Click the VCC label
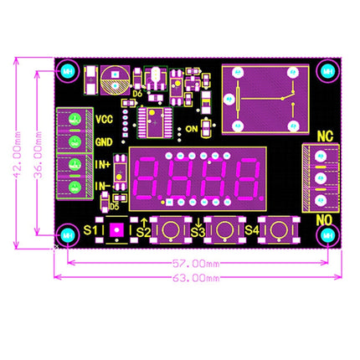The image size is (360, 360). pyautogui.click(x=104, y=119)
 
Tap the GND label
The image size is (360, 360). pyautogui.click(x=104, y=141)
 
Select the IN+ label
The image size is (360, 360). pyautogui.click(x=103, y=163)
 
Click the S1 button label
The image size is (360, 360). pyautogui.click(x=93, y=229)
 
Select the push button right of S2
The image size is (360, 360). pyautogui.click(x=171, y=229)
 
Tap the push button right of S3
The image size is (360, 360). pyautogui.click(x=224, y=229)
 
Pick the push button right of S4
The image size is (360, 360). pyautogui.click(x=276, y=229)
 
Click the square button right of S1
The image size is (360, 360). pyautogui.click(x=118, y=229)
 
